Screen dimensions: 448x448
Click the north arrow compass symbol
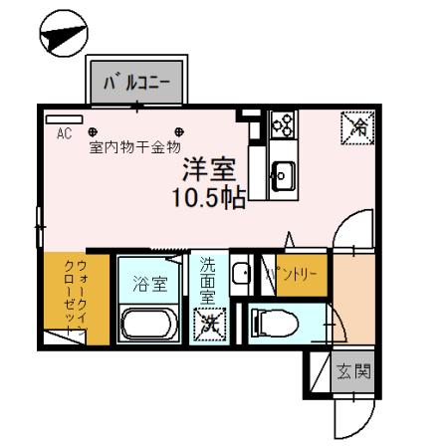click(62, 36)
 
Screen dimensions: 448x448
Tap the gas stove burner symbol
click(282, 126)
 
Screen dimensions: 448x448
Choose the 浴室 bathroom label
click(150, 282)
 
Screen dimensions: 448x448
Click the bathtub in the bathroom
click(150, 324)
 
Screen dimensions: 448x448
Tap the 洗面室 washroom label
click(207, 281)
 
